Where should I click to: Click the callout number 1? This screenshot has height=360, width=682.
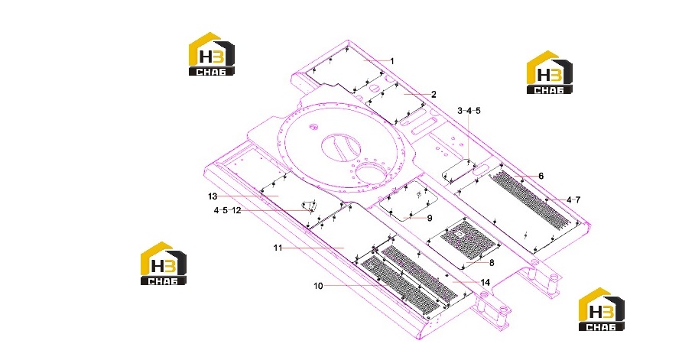pos(392,61)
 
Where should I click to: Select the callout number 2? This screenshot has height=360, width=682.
pos(434,94)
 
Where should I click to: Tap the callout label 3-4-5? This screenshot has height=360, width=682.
pos(469,111)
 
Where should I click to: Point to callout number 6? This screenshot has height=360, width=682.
pos(541,176)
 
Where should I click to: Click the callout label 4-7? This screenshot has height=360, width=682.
pos(573,200)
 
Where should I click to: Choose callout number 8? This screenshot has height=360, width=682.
pos(492,263)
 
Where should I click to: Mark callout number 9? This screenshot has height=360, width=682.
pos(430,218)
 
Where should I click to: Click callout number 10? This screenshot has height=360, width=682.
pos(318,286)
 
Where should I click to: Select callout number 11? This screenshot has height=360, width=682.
pos(278,248)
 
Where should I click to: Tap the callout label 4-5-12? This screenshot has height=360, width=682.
pos(227,210)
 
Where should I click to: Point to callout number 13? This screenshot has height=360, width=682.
pos(213,196)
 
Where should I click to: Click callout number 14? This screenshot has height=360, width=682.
pos(485,283)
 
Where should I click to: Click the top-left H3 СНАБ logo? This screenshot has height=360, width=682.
pos(211,54)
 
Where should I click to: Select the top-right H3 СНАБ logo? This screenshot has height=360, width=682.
pos(549,72)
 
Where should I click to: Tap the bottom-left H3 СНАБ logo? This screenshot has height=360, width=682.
pos(164,264)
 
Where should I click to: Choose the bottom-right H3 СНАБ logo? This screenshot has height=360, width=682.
pos(602,309)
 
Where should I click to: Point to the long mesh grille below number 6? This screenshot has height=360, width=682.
pos(530,200)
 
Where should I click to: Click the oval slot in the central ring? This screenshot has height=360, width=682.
pos(341,147)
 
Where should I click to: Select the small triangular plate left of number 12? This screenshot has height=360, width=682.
pos(308,206)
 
